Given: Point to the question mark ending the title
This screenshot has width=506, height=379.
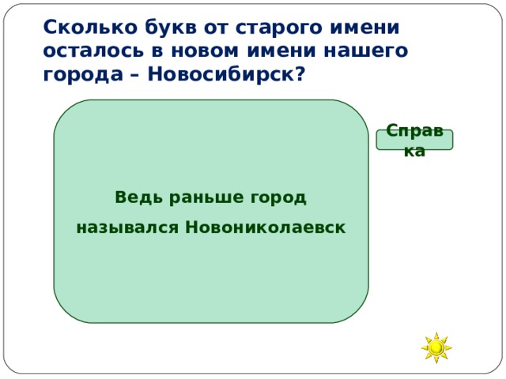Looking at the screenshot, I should [300, 73].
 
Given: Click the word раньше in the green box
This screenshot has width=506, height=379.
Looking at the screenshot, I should [193, 197].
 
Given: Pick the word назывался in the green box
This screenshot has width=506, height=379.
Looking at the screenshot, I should [126, 227].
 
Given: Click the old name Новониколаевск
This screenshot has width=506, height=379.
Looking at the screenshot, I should [265, 227].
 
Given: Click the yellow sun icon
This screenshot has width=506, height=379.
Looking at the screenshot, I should [436, 347].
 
